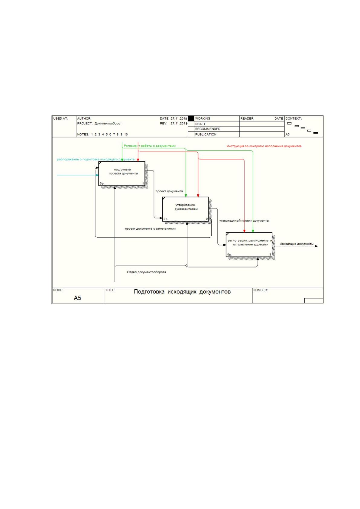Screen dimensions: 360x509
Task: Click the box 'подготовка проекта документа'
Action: (x=122, y=173)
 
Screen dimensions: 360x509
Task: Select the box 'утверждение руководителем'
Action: (x=185, y=209)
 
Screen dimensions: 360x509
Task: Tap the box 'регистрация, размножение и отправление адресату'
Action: (x=249, y=245)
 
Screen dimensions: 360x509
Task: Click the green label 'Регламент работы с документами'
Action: (x=150, y=146)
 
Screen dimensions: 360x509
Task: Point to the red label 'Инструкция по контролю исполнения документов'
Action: (x=264, y=146)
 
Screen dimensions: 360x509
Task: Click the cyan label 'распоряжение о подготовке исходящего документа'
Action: (x=96, y=159)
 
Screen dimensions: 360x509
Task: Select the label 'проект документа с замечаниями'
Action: (x=150, y=229)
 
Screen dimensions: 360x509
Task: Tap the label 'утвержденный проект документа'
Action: (x=244, y=221)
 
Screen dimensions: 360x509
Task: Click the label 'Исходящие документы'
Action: (x=296, y=244)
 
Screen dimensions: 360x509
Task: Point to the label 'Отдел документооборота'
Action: (x=146, y=272)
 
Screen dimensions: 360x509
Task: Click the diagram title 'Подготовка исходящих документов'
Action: (x=182, y=292)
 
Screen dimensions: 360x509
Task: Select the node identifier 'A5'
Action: (x=77, y=298)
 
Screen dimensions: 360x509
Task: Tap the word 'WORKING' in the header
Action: (x=203, y=118)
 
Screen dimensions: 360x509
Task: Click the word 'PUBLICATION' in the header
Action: (x=206, y=135)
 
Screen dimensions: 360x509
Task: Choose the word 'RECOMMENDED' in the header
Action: (x=207, y=129)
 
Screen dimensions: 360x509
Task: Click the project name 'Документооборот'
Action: (x=108, y=123)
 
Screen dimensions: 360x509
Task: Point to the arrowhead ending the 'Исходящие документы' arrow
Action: (x=316, y=246)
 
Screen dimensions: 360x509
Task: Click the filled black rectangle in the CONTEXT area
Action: (x=316, y=133)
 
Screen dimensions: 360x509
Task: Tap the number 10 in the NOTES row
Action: (x=126, y=135)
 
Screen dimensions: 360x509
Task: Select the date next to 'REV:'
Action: (x=179, y=123)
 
